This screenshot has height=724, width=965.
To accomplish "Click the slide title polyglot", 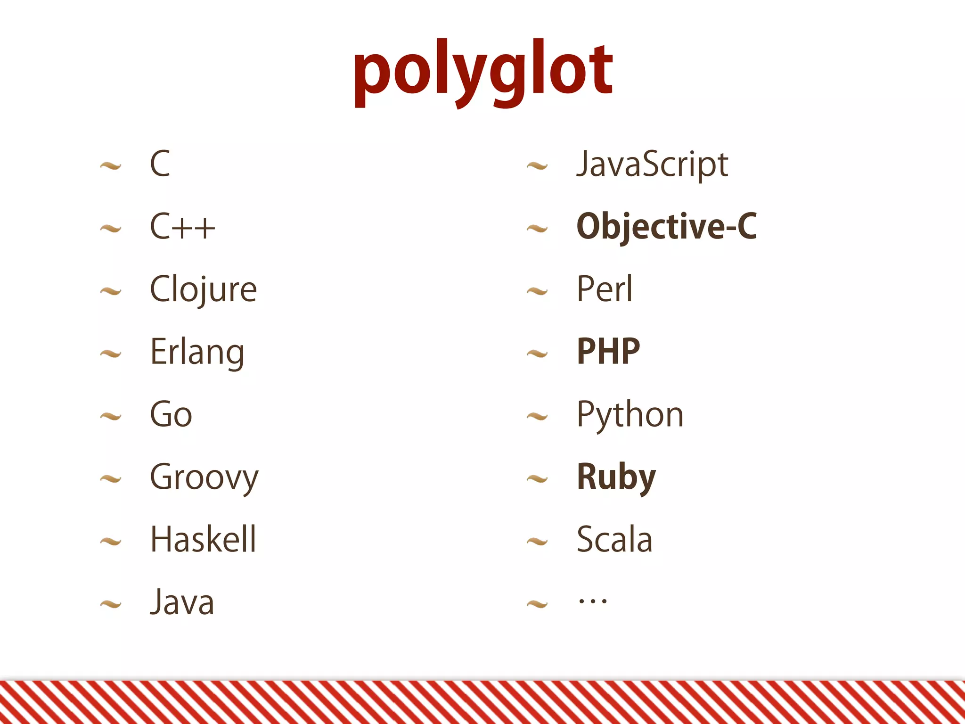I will pos(483,71).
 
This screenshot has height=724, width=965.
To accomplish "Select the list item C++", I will pos(182,227).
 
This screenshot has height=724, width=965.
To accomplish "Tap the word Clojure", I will pos(203,289).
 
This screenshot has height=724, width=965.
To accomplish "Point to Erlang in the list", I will pos(197,352).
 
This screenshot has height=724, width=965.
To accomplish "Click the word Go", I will pos(171,414).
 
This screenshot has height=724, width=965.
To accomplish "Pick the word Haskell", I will pos(203,539).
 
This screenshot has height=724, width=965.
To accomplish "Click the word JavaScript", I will pos(652,165).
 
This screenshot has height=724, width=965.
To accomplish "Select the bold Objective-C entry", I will pos(666,227).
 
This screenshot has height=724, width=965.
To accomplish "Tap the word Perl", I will pos(605,289).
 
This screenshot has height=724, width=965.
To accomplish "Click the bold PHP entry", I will pos(608,352).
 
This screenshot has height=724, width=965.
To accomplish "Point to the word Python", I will pos(630,414).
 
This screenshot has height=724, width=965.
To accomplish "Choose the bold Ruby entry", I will pos(616,477).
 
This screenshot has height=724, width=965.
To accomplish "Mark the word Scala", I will pos(614,539).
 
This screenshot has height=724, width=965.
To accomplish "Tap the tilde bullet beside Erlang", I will pos(111,354).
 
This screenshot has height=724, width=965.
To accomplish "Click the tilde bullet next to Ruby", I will pos(537,480).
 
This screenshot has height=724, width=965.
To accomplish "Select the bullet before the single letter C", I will pos(111,166).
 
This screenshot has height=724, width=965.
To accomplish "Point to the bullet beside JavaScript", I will pos(537,166).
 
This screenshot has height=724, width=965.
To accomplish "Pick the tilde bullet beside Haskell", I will pos(111,542).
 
